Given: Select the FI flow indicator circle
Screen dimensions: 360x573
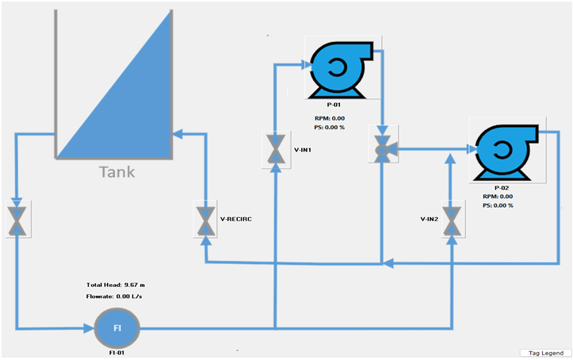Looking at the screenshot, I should coord(117,327).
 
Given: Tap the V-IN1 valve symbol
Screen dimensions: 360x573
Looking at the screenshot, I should coord(276,149).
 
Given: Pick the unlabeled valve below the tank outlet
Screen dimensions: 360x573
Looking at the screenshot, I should coord(17,220).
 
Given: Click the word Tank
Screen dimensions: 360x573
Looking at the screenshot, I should coord(117,172).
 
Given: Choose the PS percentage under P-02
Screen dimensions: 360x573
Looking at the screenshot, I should coord(498,205).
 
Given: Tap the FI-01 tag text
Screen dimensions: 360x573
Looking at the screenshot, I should coord(117,352).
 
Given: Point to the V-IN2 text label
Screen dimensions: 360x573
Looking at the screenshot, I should coord(426,219).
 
